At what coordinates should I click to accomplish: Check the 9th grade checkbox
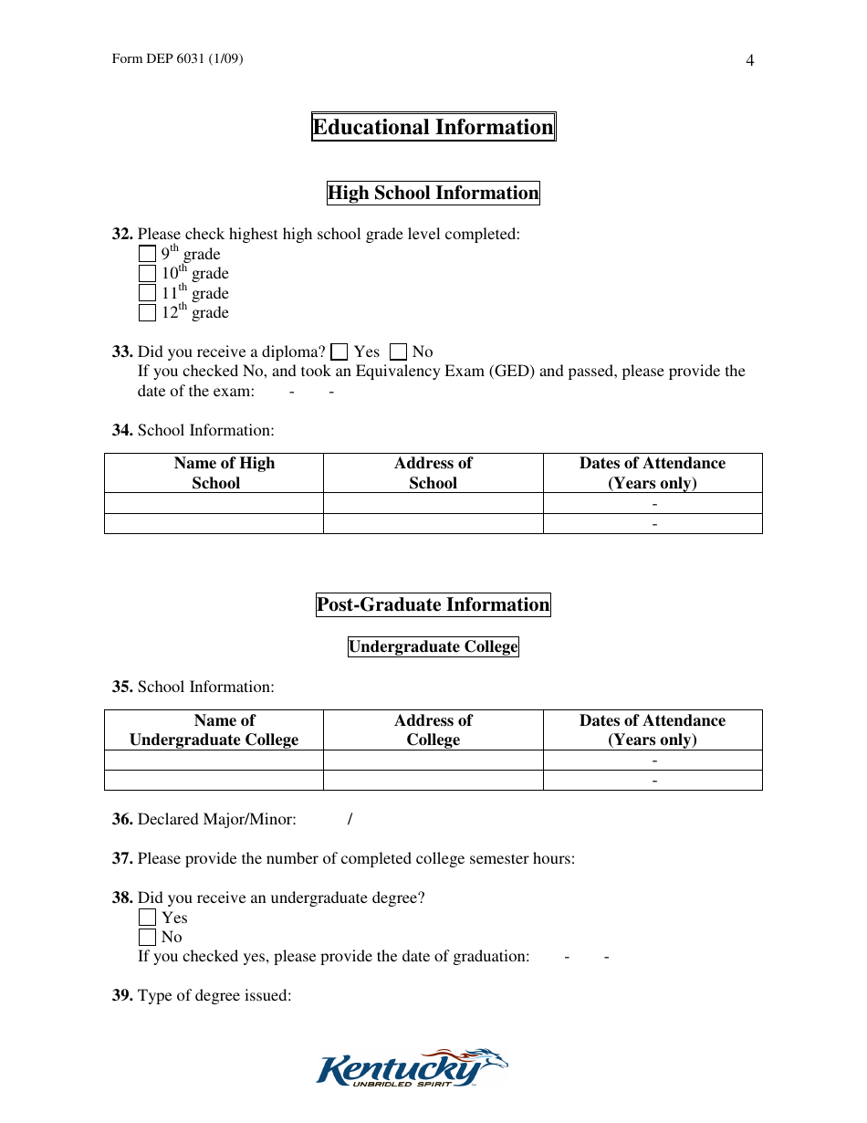[147, 255]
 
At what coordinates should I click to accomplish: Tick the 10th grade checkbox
[147, 274]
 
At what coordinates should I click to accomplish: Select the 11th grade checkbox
[147, 293]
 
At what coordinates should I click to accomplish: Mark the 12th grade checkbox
[147, 313]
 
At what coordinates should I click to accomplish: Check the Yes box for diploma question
[339, 352]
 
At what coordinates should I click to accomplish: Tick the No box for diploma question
[398, 352]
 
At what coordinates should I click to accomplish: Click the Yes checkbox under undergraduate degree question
[147, 918]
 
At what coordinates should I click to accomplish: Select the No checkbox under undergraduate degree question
[147, 938]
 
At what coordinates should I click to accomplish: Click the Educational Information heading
[433, 127]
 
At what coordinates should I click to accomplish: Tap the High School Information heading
[433, 193]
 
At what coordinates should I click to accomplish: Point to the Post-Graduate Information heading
[433, 604]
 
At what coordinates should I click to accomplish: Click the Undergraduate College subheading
[433, 647]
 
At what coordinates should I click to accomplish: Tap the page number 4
[750, 61]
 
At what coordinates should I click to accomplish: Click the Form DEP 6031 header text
[177, 59]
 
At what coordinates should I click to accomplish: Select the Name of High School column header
[214, 473]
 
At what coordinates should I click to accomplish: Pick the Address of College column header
[433, 730]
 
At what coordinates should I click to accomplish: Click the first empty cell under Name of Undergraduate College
[214, 761]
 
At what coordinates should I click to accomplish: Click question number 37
[123, 858]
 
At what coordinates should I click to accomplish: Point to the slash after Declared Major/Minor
[350, 819]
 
